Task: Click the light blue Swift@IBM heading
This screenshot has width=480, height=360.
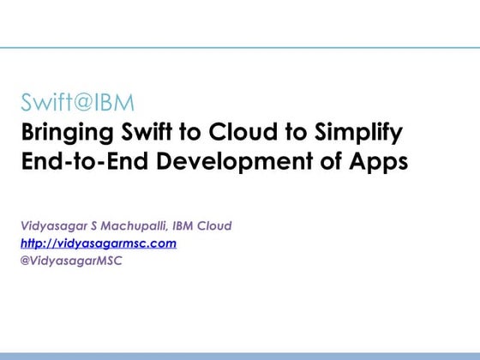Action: [78, 105]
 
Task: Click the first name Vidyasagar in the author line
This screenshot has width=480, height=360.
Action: [55, 226]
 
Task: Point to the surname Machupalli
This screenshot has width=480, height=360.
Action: [136, 226]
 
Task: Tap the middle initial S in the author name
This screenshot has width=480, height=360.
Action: [95, 226]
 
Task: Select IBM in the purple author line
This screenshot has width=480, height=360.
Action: [183, 226]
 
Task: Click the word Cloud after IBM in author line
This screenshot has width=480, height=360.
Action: [215, 226]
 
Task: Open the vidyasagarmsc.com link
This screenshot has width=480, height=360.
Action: [99, 243]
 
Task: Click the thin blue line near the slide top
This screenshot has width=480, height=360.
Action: [240, 48]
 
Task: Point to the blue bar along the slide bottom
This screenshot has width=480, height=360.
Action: [240, 355]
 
